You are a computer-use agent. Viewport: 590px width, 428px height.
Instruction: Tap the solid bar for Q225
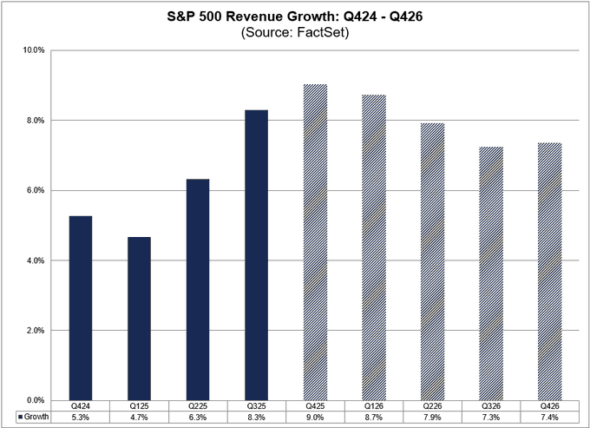coord(197,290)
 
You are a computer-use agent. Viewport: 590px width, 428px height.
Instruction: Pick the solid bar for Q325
coord(256,255)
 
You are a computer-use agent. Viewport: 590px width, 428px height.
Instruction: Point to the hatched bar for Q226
coord(432,261)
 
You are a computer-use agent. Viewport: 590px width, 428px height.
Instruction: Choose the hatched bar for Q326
coord(490,273)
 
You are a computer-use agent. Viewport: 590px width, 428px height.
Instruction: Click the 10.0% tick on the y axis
coord(34,50)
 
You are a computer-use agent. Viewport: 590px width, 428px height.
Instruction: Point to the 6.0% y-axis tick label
coord(34,190)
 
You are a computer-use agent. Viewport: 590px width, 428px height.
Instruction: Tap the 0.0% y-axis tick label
coord(34,400)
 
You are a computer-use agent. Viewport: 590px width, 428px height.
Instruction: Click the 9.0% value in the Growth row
coord(315,417)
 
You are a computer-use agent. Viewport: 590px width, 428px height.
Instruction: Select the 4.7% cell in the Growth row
coord(139,417)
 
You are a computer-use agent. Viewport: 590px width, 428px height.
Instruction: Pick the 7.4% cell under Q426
coord(549,417)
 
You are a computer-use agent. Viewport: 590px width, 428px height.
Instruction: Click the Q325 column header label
coord(256,405)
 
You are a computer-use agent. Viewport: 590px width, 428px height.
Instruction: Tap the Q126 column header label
coord(373,405)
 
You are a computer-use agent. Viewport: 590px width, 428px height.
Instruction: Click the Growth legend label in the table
coord(31,417)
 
